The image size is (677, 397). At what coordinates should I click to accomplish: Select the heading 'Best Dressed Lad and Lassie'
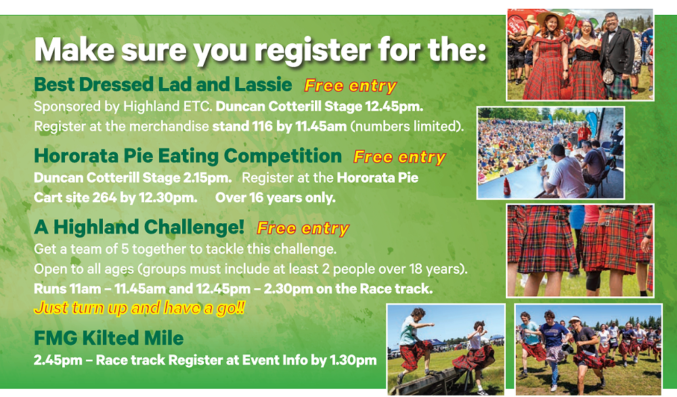pos(163,85)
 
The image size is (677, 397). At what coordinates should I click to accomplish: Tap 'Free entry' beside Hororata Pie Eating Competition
pos(399,157)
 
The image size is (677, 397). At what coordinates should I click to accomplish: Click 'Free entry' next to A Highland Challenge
pos(303,228)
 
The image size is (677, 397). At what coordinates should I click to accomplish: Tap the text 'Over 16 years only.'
pos(276,197)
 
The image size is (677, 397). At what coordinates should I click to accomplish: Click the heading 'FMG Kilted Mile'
pos(109,338)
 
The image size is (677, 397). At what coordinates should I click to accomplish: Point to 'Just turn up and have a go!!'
pos(139,308)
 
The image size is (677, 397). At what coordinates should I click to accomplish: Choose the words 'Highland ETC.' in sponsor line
pos(168,107)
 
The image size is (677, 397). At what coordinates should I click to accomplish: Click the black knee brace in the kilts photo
pos(593,281)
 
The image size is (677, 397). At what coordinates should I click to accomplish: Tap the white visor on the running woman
pos(575,320)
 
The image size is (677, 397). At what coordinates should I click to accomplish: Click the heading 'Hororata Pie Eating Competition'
pos(188,156)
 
